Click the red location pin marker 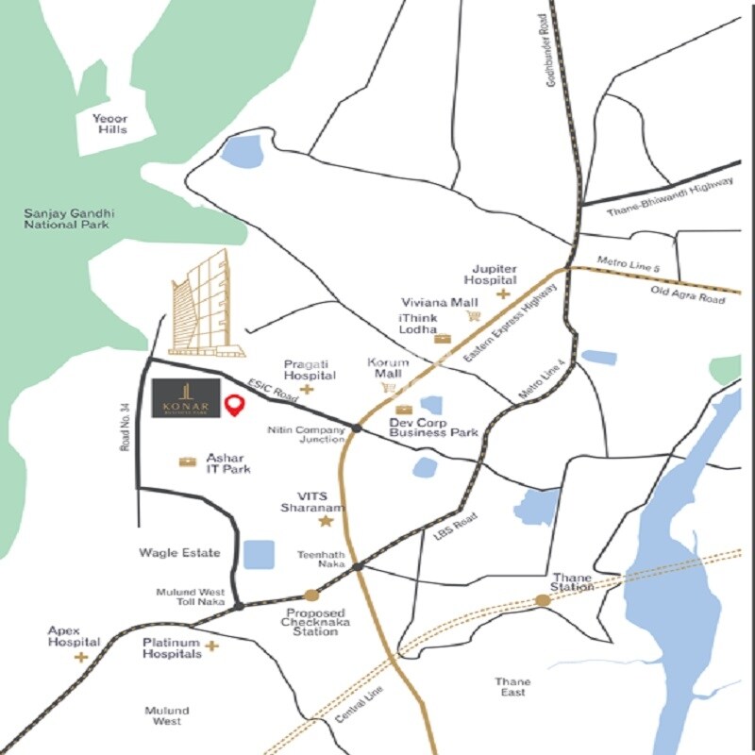tap(235, 406)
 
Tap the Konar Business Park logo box tap(187, 398)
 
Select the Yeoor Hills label tap(109, 124)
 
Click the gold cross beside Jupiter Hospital tap(503, 294)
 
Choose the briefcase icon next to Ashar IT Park tap(188, 461)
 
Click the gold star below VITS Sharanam tap(326, 521)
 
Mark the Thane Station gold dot tap(543, 600)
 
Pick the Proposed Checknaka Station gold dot tap(311, 595)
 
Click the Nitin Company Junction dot tap(357, 428)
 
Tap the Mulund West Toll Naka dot tap(240, 605)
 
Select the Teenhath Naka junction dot tap(360, 566)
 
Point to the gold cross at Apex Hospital tap(81, 656)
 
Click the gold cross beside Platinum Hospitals tap(212, 646)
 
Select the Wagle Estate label tap(179, 553)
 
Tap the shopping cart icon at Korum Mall tap(387, 388)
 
